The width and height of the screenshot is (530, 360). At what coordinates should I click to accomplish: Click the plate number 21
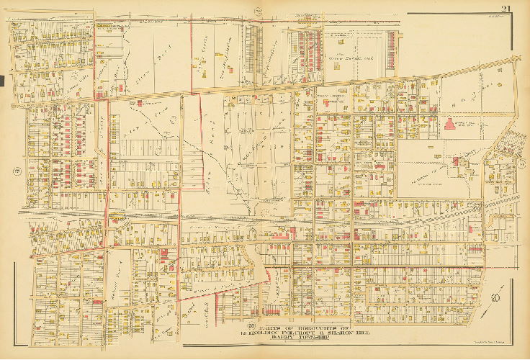point(507,8)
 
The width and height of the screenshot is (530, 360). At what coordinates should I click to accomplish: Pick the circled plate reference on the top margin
point(258,9)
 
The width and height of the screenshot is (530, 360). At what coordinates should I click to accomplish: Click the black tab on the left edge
point(2,80)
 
